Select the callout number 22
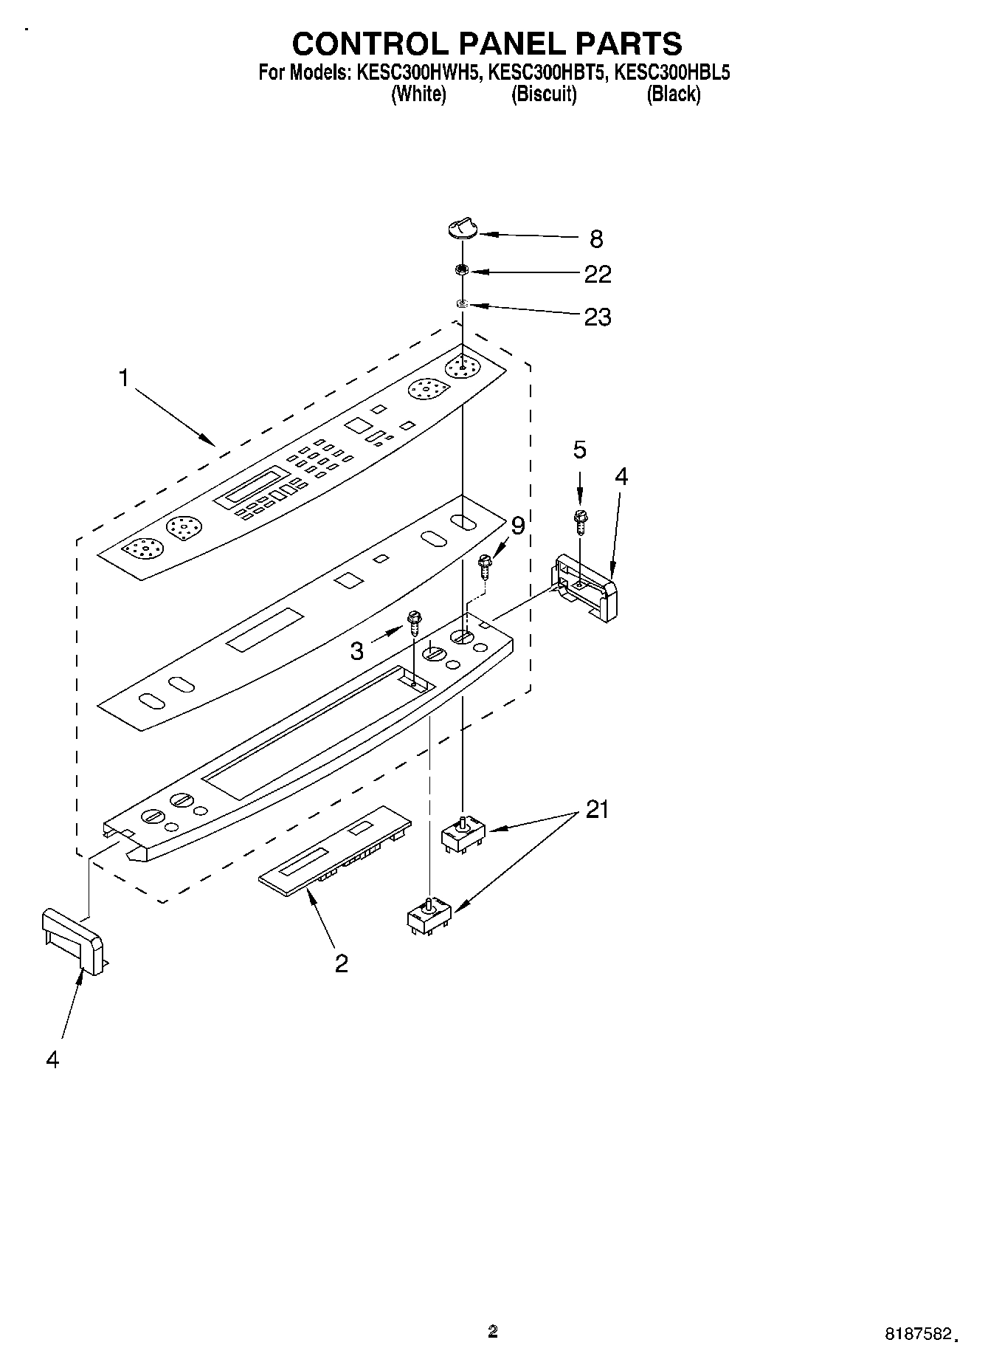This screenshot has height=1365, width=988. point(598,275)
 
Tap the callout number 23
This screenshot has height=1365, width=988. point(598,317)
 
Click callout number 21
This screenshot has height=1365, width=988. point(597,810)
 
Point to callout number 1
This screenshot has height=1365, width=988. point(124,379)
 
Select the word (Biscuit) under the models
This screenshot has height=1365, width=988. point(544,94)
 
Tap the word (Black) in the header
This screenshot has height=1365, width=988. point(673,94)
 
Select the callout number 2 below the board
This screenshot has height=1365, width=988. point(341,963)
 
